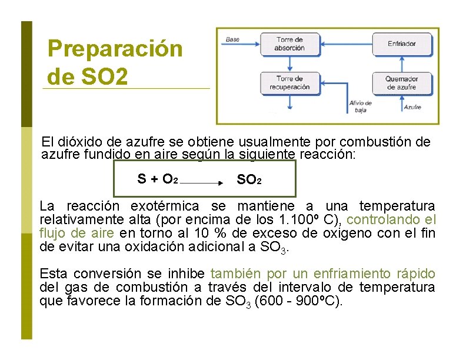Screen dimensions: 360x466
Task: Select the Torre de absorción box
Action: click(x=290, y=44)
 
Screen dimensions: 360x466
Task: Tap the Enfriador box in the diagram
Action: click(x=402, y=44)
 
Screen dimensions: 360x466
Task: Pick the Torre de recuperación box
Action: click(x=289, y=82)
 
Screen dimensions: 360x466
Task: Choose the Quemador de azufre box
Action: click(x=402, y=83)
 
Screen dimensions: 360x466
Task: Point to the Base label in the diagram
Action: click(x=232, y=39)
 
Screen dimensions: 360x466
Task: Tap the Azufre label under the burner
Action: click(x=412, y=107)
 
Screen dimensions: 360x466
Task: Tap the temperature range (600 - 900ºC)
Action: click(x=301, y=301)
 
